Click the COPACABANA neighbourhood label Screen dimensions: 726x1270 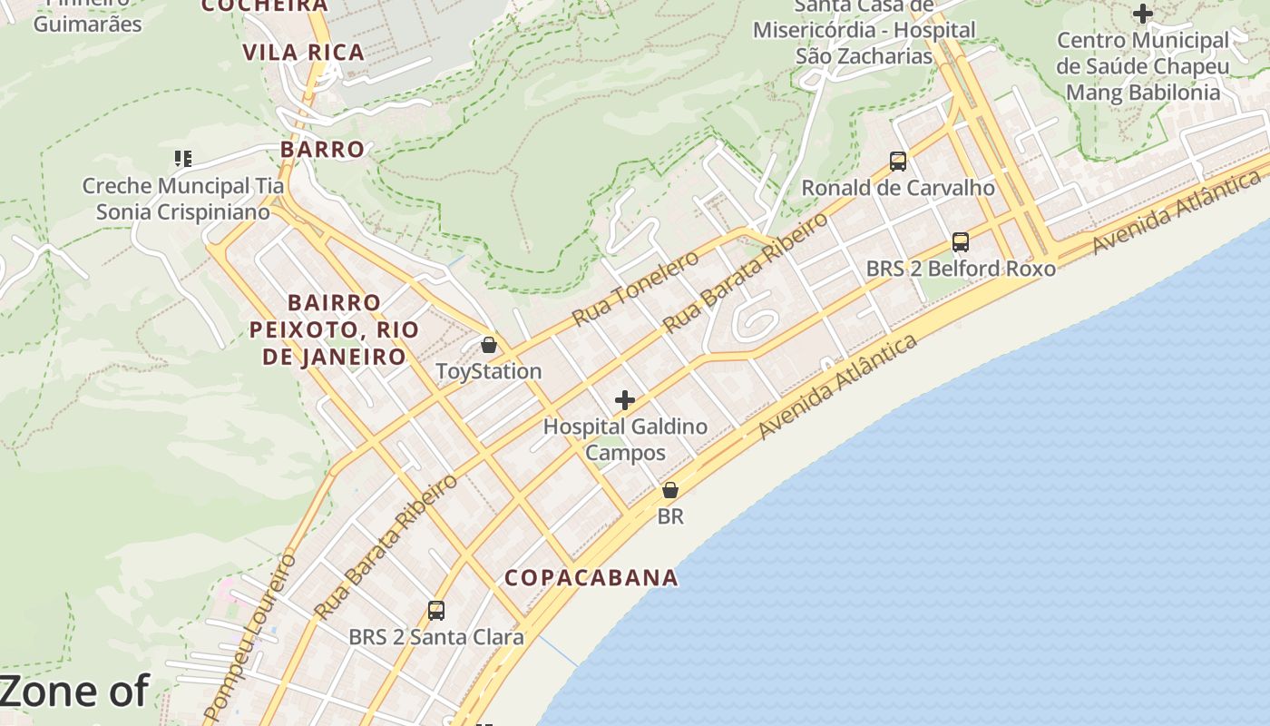pyautogui.click(x=591, y=578)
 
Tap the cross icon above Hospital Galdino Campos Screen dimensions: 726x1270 pyautogui.click(x=624, y=399)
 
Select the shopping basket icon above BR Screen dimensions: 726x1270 pyautogui.click(x=669, y=490)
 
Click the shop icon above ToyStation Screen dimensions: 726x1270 pyautogui.click(x=489, y=345)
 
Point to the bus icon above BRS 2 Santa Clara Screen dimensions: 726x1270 pyautogui.click(x=436, y=610)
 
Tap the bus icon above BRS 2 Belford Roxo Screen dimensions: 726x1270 pyautogui.click(x=961, y=242)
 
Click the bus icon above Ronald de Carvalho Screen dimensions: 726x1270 pyautogui.click(x=898, y=162)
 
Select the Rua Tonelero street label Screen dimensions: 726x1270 pyautogui.click(x=635, y=288)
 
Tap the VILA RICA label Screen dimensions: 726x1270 pyautogui.click(x=304, y=53)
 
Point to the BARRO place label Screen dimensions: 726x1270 pyautogui.click(x=322, y=149)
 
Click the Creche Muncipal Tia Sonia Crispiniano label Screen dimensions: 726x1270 pyautogui.click(x=183, y=199)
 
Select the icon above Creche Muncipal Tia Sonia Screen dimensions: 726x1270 pyautogui.click(x=183, y=159)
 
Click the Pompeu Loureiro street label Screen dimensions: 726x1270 pyautogui.click(x=250, y=635)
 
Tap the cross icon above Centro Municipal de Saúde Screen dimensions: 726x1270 pyautogui.click(x=1143, y=14)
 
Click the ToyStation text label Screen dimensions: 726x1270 pyautogui.click(x=489, y=371)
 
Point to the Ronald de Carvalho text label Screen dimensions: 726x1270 pyautogui.click(x=898, y=188)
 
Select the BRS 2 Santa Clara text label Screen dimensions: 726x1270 pyautogui.click(x=436, y=637)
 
